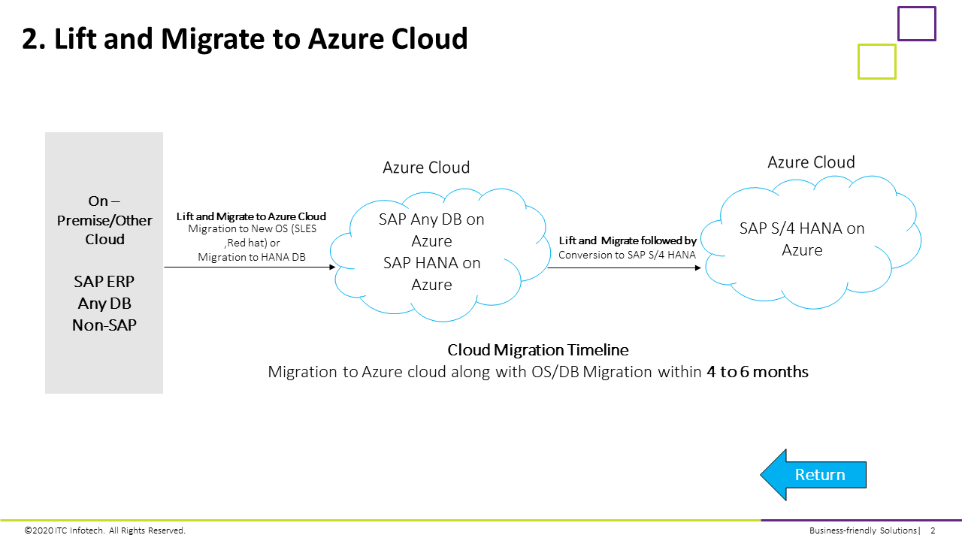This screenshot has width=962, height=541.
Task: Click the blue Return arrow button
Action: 815,475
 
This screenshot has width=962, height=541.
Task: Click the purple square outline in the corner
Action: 916,23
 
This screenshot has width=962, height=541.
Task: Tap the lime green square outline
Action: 876,62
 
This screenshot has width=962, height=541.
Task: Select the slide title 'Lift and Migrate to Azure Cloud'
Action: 245,38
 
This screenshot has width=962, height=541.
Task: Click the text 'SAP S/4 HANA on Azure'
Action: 802,239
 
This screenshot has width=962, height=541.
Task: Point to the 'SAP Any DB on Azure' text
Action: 431,230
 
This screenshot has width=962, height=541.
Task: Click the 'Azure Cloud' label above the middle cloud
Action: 426,168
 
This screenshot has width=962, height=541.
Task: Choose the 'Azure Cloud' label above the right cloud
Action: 811,162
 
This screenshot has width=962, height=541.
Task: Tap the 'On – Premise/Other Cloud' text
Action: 104,220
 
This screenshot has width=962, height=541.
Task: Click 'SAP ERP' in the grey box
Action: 104,282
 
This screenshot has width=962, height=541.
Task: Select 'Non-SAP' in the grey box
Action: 104,325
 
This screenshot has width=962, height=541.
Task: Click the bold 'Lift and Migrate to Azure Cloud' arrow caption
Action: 251,216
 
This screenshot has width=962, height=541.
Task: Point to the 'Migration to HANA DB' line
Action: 251,257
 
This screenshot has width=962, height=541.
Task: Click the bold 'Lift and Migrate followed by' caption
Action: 628,241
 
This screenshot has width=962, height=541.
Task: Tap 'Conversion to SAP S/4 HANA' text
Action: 628,255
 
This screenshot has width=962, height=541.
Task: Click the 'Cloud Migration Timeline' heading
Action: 538,350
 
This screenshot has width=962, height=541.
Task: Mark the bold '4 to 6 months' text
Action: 758,372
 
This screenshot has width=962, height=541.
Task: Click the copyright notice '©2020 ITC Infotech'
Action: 104,530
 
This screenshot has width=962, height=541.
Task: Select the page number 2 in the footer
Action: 933,530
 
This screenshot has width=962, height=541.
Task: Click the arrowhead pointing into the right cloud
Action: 697,267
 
